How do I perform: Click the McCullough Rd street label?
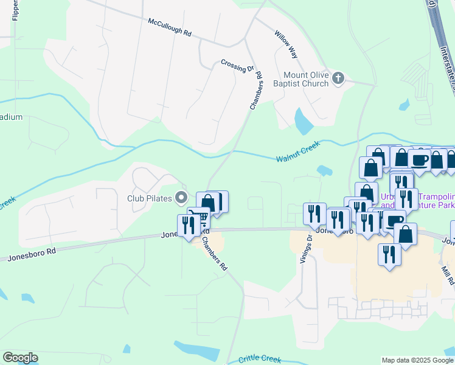pos(170,29)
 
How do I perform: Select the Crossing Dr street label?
pos(237,65)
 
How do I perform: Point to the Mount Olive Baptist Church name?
pos(305,79)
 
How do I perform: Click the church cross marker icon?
pos(339,78)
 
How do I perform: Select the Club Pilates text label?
pos(150,198)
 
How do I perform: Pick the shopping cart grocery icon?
pos(200,217)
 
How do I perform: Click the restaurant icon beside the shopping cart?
pos(188,225)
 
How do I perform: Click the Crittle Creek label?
pos(260,358)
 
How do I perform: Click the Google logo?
pos(20,358)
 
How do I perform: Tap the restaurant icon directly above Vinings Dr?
pos(314,214)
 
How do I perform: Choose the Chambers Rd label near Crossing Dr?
pos(256,91)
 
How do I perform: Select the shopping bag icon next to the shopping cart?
pos(208,203)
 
